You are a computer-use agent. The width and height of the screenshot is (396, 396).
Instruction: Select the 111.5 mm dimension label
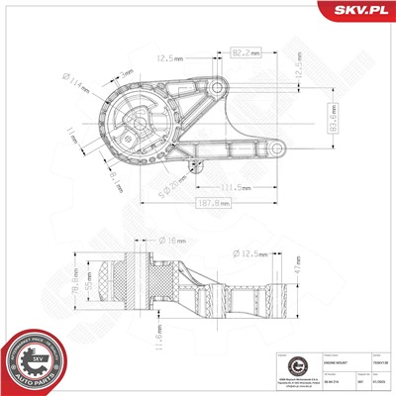[235, 186]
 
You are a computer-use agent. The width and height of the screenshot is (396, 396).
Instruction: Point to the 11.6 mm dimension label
[159, 340]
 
